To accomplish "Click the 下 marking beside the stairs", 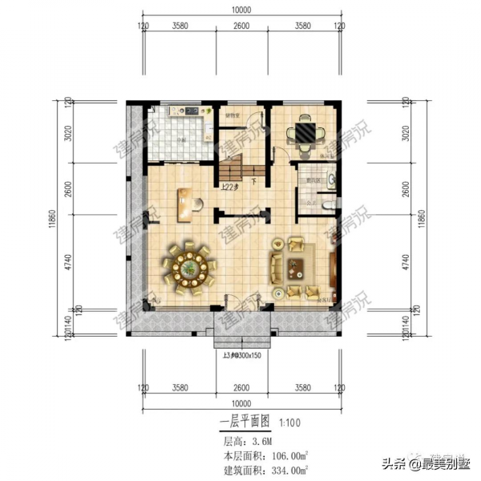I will click(253, 181).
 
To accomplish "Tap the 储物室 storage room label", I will click(233, 115).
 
